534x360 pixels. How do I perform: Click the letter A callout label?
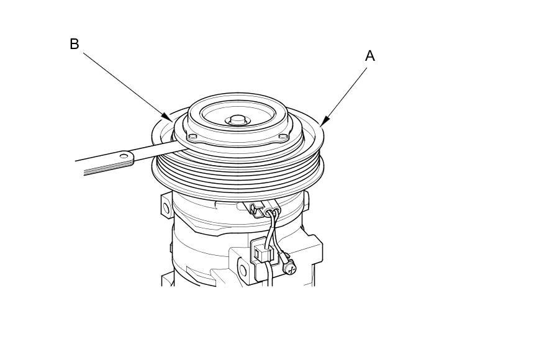click(370, 55)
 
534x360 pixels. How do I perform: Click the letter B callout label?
click(75, 44)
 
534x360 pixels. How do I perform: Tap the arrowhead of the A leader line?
click(325, 121)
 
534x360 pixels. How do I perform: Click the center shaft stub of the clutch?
click(237, 120)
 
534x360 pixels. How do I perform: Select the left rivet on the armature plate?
click(192, 137)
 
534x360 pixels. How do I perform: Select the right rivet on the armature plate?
click(283, 137)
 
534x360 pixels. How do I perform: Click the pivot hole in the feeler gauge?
click(125, 156)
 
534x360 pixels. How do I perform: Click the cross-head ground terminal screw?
click(291, 268)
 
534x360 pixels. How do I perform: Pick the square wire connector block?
click(262, 252)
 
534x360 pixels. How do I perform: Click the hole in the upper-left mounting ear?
click(166, 208)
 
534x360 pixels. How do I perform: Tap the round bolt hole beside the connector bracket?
click(243, 271)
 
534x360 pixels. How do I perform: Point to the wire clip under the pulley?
click(255, 209)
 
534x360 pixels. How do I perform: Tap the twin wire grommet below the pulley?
click(271, 207)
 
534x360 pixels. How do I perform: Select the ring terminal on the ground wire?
click(281, 254)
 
